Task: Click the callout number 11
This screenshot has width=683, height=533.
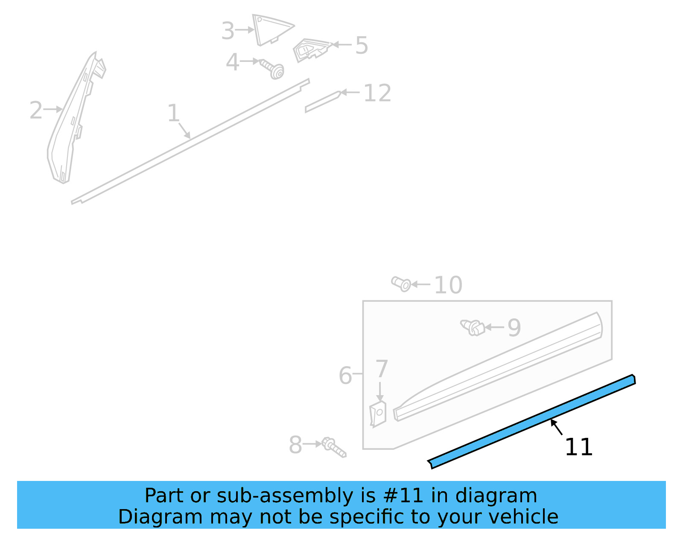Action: tap(578, 447)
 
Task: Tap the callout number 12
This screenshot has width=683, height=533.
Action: tap(377, 93)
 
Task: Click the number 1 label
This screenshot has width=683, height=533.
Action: tap(173, 114)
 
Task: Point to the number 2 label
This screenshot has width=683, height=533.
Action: tap(36, 111)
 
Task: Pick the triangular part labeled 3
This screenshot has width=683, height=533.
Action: tap(269, 28)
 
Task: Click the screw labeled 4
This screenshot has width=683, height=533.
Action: tap(273, 70)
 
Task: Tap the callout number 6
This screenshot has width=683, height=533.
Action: tap(345, 376)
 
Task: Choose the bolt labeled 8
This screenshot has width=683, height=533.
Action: tap(333, 447)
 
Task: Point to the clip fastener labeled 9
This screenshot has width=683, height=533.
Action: tap(473, 327)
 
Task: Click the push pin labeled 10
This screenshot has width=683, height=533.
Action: tap(401, 283)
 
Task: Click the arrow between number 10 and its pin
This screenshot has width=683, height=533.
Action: tap(420, 284)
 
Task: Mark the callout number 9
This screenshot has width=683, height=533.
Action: tap(514, 328)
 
